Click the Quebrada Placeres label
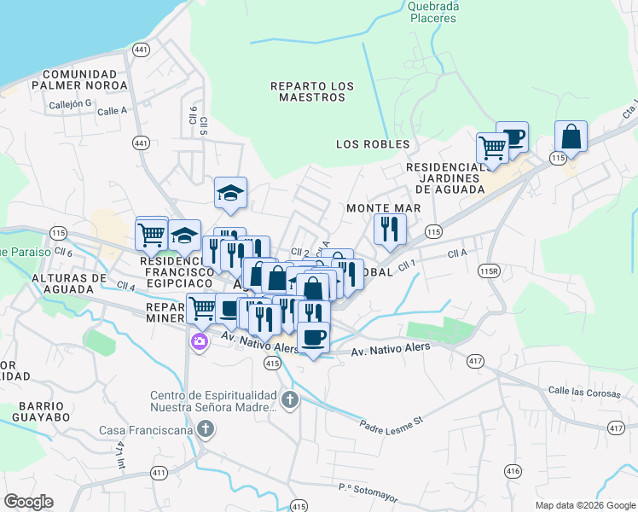[x=434, y=11]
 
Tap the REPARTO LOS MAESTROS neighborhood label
[x=312, y=91]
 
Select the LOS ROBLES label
[x=373, y=144]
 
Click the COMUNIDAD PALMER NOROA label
[x=78, y=79]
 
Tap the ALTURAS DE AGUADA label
[x=68, y=283]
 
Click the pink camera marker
[x=200, y=342]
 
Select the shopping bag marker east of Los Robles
[x=571, y=137]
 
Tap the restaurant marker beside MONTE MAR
[x=390, y=229]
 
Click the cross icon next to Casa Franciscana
[x=205, y=430]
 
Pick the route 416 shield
[x=513, y=470]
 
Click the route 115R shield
[x=489, y=271]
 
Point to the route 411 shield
[x=159, y=472]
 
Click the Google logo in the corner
[x=28, y=502]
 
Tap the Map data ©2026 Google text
[x=584, y=505]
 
